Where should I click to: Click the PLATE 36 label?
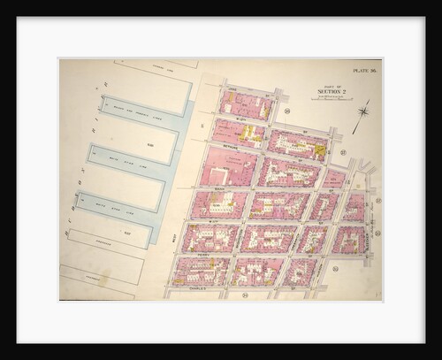point(363,69)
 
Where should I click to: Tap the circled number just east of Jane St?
point(287,111)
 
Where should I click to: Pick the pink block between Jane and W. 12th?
point(244,104)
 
